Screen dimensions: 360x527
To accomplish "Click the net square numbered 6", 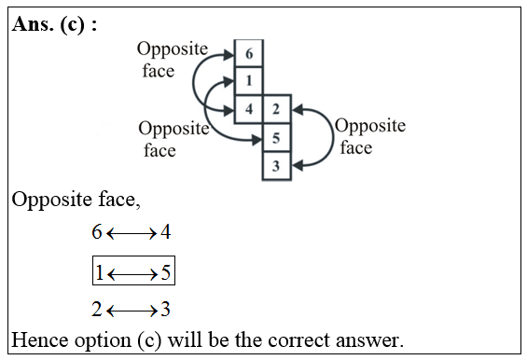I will tap(249, 54).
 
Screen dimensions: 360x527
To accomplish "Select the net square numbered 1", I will tap(249, 81).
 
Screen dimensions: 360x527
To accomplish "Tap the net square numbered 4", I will tap(249, 109).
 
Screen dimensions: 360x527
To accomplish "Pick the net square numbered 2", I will tap(276, 109).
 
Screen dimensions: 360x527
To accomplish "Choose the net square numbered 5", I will tap(276, 138).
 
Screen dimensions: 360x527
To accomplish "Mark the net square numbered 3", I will tap(276, 166).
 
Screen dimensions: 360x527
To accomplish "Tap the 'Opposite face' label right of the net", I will tap(369, 137).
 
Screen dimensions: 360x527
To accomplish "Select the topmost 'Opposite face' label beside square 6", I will tap(172, 59).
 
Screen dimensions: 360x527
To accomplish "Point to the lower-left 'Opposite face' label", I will tap(173, 139).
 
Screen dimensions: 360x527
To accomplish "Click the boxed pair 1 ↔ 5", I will tap(132, 272).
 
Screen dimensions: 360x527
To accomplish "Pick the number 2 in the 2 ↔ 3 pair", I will tap(97, 310).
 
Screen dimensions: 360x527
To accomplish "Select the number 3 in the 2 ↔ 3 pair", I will tap(164, 310).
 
